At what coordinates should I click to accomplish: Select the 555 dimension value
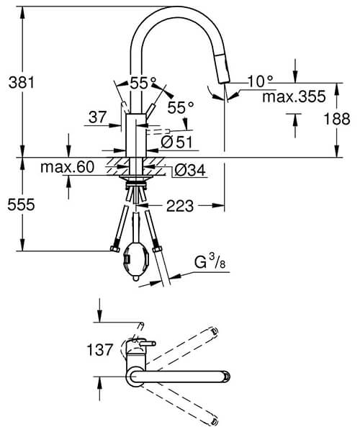click(17, 204)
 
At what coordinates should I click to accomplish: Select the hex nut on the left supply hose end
click(114, 249)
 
